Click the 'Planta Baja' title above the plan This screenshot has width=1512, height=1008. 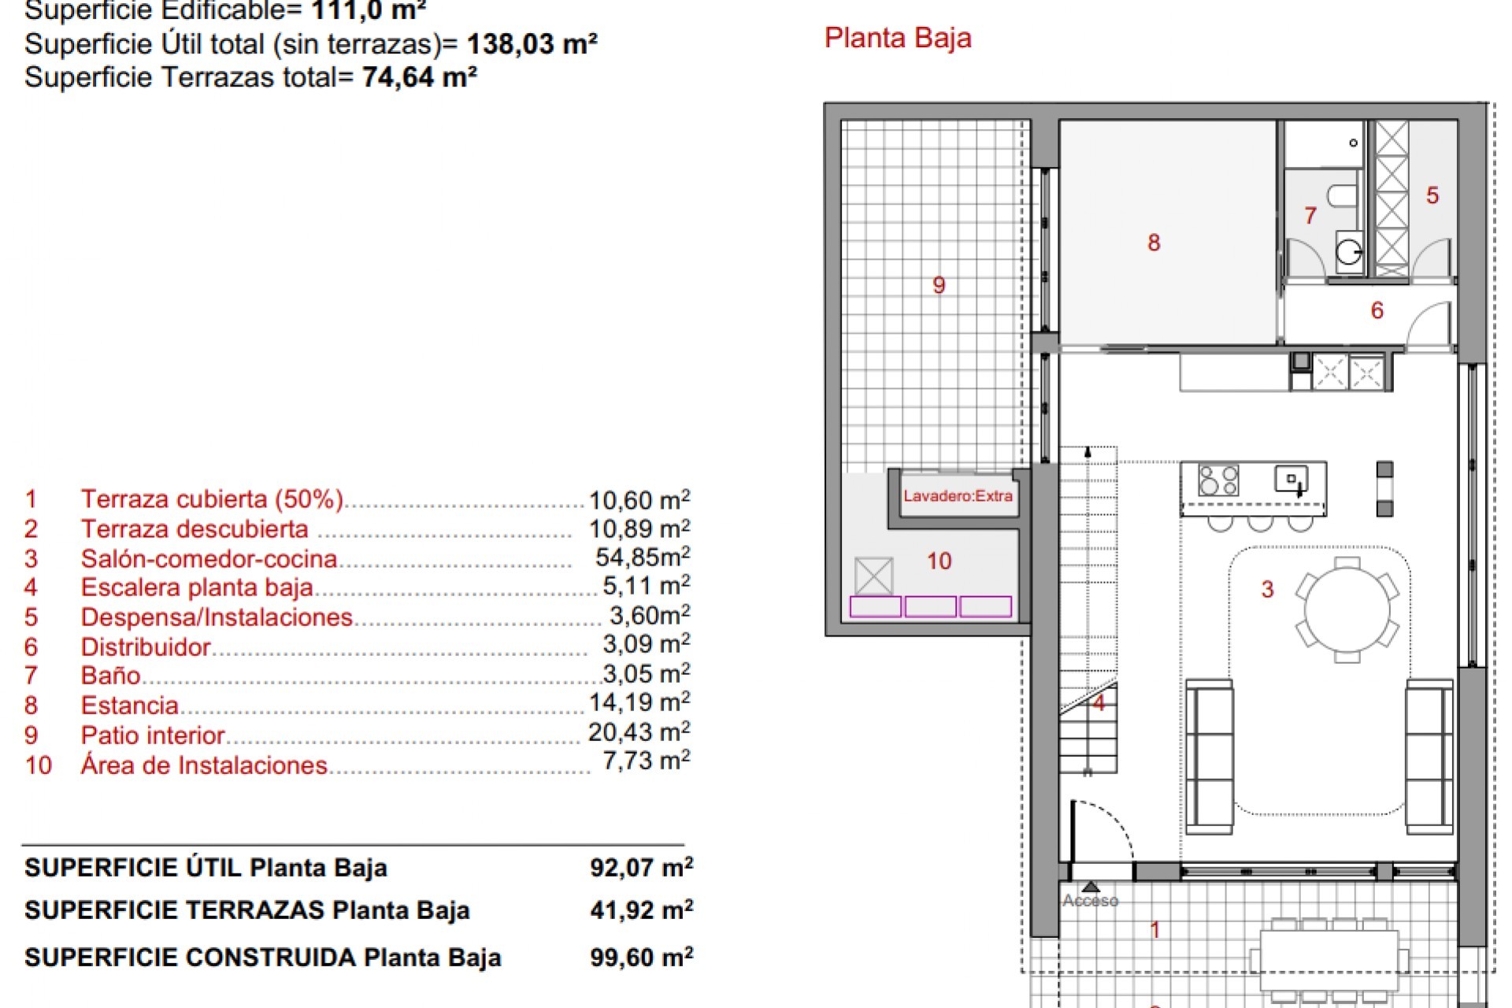coord(898,39)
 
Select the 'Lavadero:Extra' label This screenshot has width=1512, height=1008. coord(958,496)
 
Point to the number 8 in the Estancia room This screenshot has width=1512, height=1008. coord(1154,243)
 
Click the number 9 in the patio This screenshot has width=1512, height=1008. coord(939,285)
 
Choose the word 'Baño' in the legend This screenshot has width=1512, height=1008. coord(110,676)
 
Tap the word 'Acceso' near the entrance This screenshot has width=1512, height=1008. coord(1090,901)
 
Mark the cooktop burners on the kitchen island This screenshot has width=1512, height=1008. coord(1218,480)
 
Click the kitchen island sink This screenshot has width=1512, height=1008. coord(1291,479)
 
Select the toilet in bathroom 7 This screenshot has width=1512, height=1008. coord(1341,195)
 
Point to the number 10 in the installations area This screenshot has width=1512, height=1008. coord(939,561)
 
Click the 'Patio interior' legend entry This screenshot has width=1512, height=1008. coord(153,736)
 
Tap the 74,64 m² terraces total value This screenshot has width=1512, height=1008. coord(420,77)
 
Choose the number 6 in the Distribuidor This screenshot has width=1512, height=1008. coord(1377,310)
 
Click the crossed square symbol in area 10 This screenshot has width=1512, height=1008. coord(873,576)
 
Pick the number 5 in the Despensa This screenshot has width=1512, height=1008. coord(1432,195)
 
